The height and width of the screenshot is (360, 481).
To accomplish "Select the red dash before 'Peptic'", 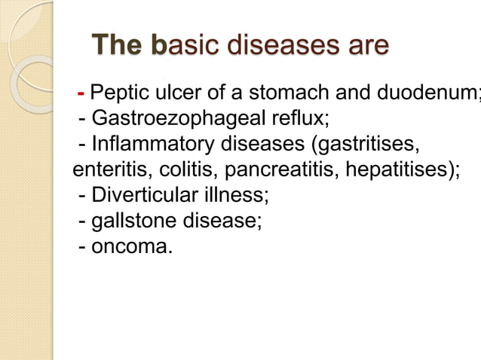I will coord(81,94).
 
